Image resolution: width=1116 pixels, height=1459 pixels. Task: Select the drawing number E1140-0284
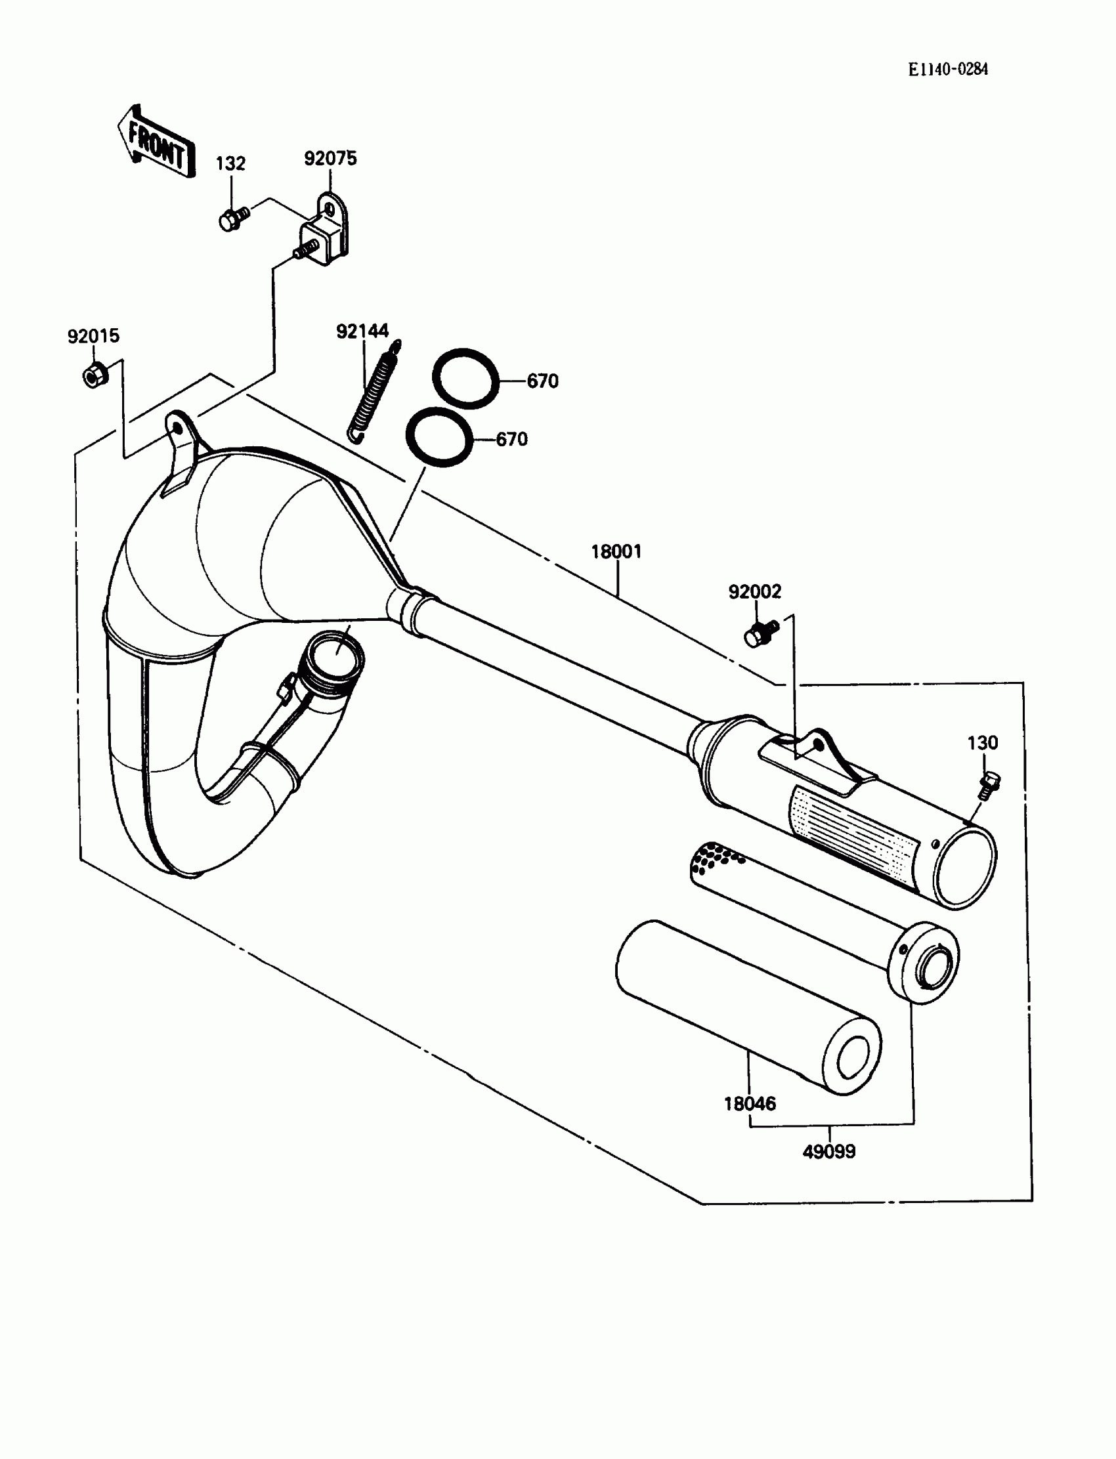(x=948, y=70)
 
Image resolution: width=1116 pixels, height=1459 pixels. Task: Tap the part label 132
(x=230, y=163)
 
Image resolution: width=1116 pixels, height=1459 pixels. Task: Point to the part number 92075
(x=330, y=159)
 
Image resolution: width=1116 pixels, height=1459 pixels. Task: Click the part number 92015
(x=94, y=336)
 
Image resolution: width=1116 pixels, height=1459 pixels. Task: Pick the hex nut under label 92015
(x=94, y=375)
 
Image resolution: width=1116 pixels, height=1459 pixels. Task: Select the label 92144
(x=362, y=331)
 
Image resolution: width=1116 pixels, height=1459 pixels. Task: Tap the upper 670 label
(x=542, y=381)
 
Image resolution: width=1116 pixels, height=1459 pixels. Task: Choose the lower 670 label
(x=511, y=439)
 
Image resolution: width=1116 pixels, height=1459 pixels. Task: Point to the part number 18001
(x=616, y=551)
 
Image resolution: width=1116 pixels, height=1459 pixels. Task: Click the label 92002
(x=755, y=592)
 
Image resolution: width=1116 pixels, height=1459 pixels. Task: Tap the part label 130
(x=983, y=742)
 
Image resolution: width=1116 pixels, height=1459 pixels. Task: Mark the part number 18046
(x=749, y=1104)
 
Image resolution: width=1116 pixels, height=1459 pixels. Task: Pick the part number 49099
(x=829, y=1152)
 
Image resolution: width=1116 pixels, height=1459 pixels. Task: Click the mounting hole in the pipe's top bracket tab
(x=176, y=427)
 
